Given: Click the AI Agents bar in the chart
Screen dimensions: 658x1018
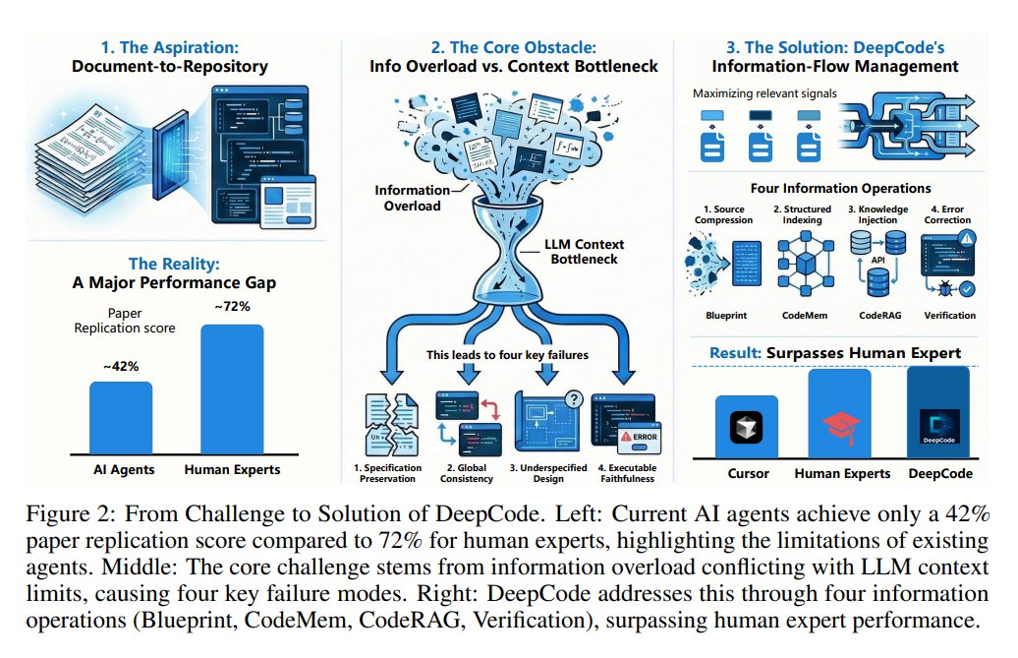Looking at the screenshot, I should click(121, 416).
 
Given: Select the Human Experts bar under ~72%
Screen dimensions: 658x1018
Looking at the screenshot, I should click(232, 388).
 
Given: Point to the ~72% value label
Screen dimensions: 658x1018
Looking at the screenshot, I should click(232, 307).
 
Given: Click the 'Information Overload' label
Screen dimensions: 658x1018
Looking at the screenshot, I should click(408, 198).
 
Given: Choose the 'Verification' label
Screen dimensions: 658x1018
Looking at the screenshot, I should click(949, 316).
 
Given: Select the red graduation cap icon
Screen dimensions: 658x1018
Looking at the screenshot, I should click(842, 425).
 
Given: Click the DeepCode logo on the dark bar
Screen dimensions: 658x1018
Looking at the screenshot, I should click(939, 425).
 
